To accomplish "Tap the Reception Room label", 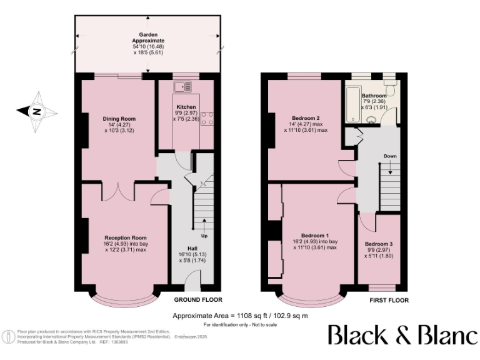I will click(x=125, y=237).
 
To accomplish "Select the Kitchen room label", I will click(x=186, y=107).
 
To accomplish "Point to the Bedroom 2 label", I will click(x=306, y=118).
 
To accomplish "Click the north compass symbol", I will click(x=37, y=112).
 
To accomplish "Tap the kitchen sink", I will click(x=186, y=87).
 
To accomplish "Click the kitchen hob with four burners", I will click(x=207, y=119).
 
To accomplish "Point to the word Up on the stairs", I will click(x=204, y=236).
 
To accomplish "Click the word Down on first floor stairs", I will click(x=389, y=156).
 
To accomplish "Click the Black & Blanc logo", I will click(x=402, y=334).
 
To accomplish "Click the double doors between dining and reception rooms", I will click(x=118, y=190).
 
